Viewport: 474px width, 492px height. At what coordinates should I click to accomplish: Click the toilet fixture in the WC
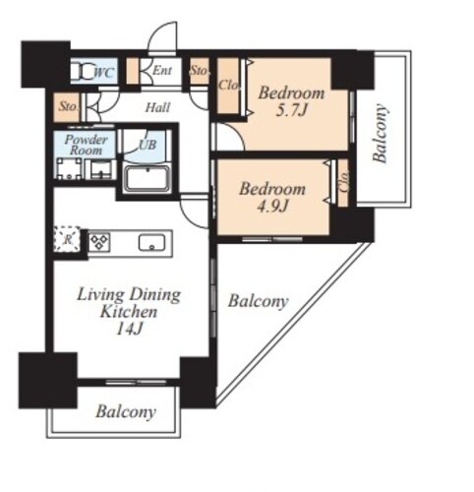coord(84,71)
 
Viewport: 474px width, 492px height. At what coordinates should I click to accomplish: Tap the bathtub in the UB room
coord(148,178)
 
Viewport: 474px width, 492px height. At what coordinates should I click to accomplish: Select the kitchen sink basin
coord(151,242)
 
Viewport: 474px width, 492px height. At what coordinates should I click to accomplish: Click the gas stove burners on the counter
coord(99,242)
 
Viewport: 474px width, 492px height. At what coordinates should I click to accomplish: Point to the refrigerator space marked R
coord(67,239)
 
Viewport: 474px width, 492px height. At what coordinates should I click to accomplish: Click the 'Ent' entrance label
coord(162,70)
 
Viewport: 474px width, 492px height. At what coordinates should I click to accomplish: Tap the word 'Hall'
coord(157,107)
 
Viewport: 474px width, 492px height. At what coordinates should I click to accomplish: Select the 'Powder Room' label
coord(86,145)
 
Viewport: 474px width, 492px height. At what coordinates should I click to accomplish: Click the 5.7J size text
coord(291,110)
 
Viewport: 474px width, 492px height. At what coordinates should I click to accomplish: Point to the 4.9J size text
coord(272,207)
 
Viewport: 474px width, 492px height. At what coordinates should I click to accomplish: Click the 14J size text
coord(129,329)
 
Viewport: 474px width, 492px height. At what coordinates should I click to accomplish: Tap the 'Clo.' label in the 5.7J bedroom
coord(228,86)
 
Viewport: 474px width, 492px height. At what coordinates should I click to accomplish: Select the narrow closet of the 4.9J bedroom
coord(343,183)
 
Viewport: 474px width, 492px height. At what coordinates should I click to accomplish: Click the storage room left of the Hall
coord(67,107)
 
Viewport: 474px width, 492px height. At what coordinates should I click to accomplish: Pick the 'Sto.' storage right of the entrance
coord(199,71)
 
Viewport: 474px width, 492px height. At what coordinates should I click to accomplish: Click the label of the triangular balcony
coord(259,301)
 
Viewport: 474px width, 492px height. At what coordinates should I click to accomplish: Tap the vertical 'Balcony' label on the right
coord(381,134)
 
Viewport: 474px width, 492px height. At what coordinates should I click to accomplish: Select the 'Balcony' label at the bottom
coord(126,412)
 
